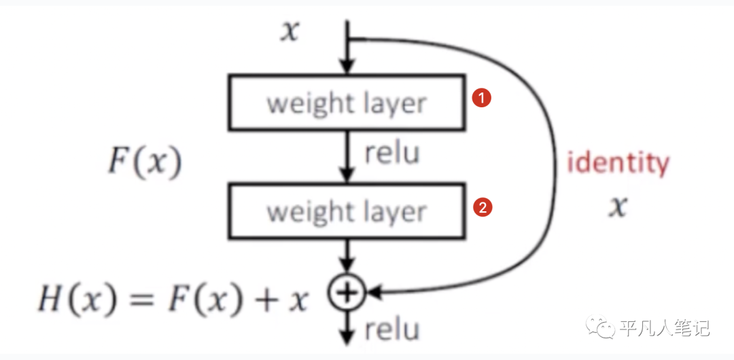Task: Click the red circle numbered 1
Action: (x=481, y=98)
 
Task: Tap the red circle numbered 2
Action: (x=482, y=209)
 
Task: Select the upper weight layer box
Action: (x=347, y=104)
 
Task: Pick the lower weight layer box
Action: (x=347, y=211)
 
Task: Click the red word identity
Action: (x=618, y=163)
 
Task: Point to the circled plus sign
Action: (x=347, y=293)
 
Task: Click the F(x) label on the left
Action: (x=144, y=163)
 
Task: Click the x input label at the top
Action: (x=290, y=31)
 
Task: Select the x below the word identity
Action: (x=617, y=206)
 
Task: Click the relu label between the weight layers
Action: (x=392, y=154)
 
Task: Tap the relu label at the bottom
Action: (x=392, y=330)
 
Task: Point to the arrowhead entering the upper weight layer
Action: (x=347, y=68)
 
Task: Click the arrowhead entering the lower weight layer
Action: (x=347, y=177)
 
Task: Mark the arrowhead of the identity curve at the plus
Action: (x=372, y=293)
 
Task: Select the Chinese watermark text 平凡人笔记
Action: (x=665, y=329)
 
